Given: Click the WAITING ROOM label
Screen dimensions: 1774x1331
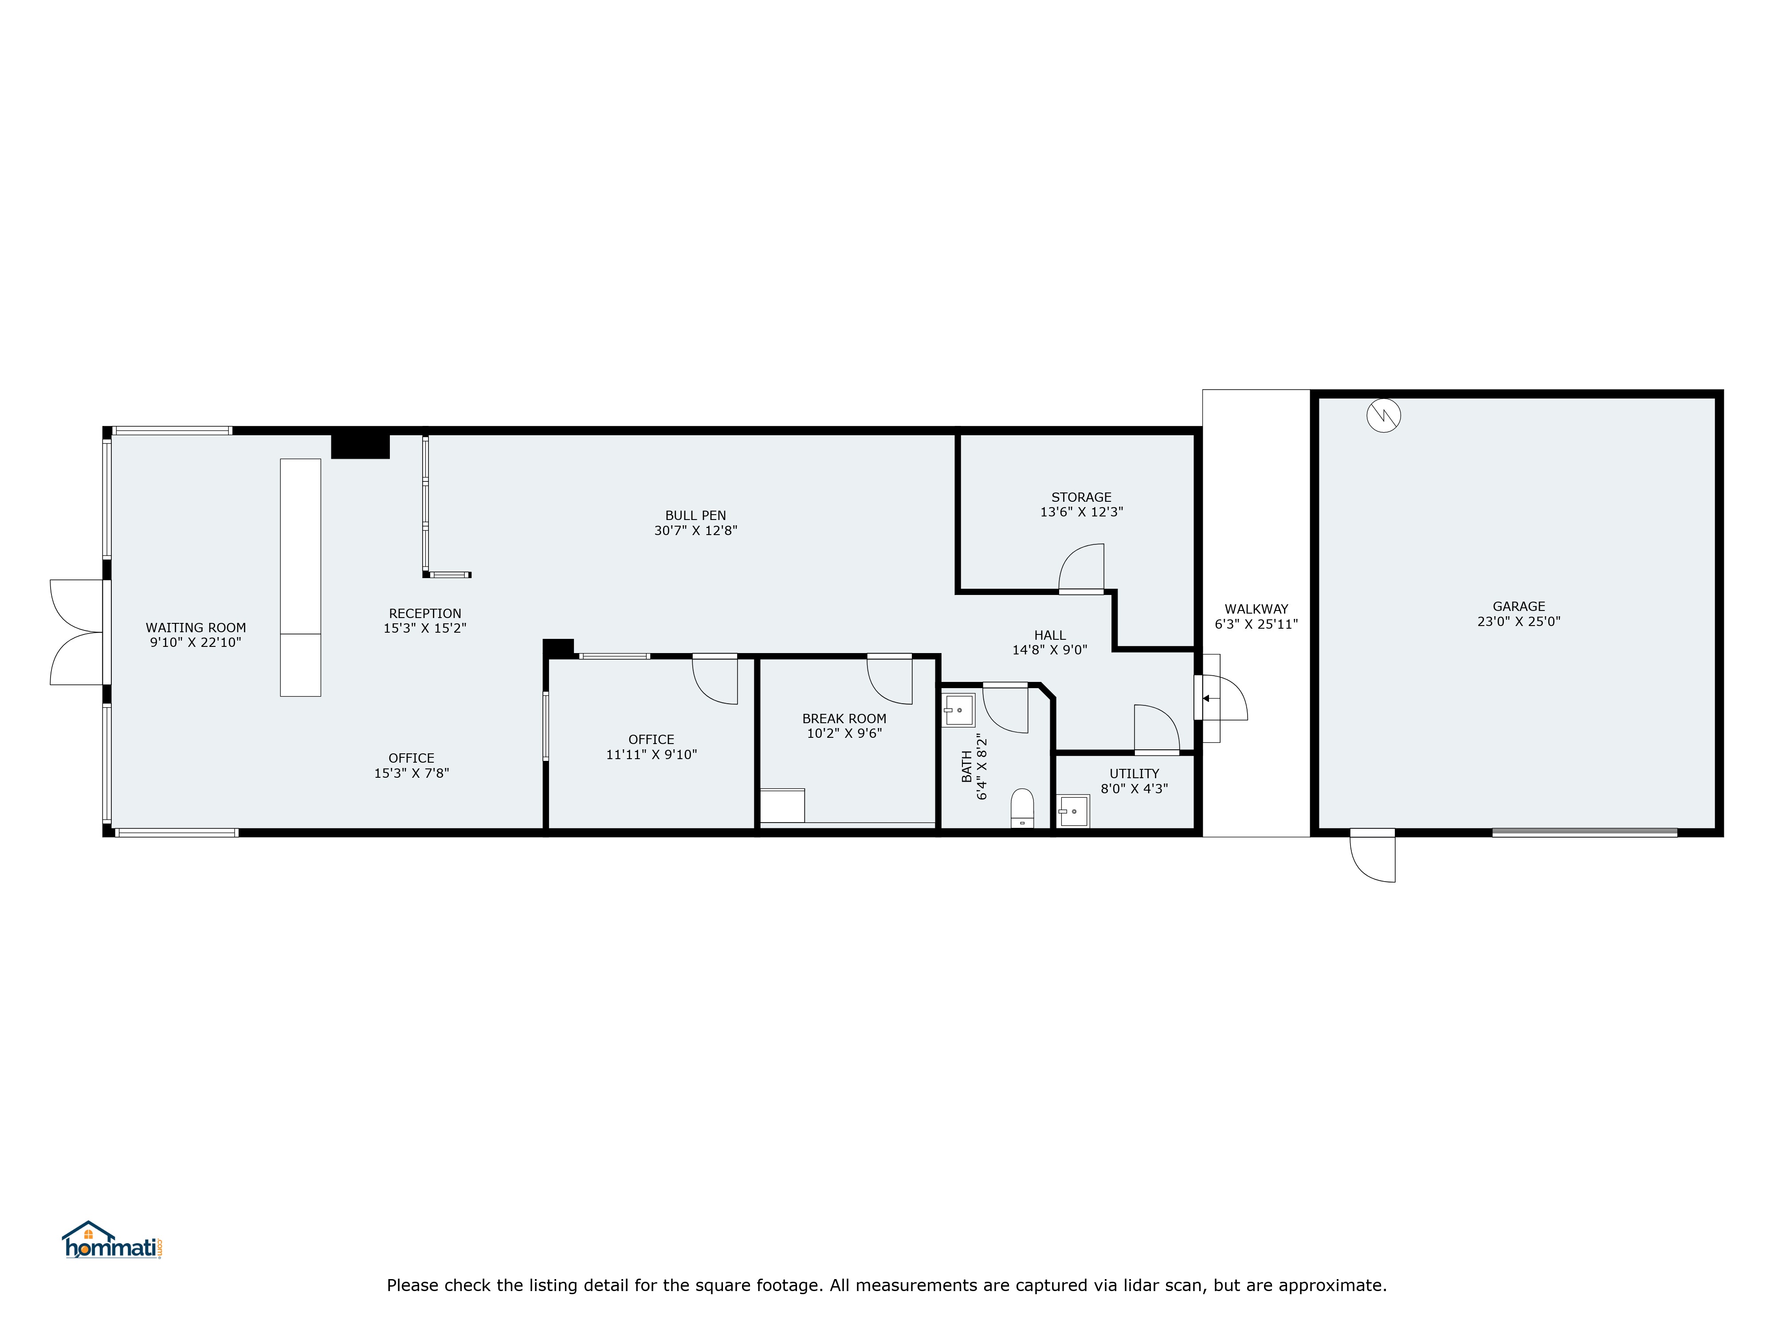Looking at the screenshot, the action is tap(196, 628).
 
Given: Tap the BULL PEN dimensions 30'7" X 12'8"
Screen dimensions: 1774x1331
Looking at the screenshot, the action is tap(695, 530).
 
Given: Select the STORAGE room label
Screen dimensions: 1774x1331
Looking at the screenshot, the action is tap(1081, 497).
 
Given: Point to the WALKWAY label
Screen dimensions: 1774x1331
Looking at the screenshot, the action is tap(1256, 609).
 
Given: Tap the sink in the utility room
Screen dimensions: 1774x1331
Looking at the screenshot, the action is tap(1073, 811).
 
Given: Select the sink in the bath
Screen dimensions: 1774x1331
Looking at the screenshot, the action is tap(958, 710).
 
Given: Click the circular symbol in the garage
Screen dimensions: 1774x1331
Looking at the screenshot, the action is tap(1383, 416).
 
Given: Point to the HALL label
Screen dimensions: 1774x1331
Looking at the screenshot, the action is tap(1050, 635).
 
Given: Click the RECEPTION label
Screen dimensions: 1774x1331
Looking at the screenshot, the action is tap(425, 614).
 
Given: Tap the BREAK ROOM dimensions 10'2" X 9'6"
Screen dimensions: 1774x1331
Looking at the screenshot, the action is tap(844, 733).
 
